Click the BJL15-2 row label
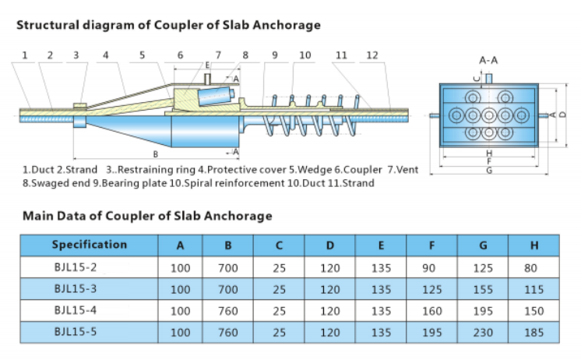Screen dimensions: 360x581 click(x=76, y=267)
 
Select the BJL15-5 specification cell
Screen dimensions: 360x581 click(x=76, y=330)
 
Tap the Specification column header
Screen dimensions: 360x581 click(x=89, y=245)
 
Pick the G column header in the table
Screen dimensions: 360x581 click(x=483, y=245)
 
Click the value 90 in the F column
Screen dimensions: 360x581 click(x=431, y=268)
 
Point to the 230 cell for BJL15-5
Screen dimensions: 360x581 click(x=483, y=331)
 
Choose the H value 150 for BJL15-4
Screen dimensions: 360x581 click(x=533, y=310)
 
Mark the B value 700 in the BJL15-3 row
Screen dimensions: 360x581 click(x=228, y=289)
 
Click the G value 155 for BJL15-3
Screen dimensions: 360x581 click(x=483, y=289)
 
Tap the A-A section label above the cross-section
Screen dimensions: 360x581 click(x=488, y=59)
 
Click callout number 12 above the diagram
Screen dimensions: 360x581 click(x=372, y=55)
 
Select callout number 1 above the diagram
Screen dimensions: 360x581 click(x=25, y=55)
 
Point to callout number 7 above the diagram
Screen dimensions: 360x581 click(x=219, y=55)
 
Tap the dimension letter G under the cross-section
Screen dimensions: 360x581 click(x=488, y=170)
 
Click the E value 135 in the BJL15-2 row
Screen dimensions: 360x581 click(x=380, y=268)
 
